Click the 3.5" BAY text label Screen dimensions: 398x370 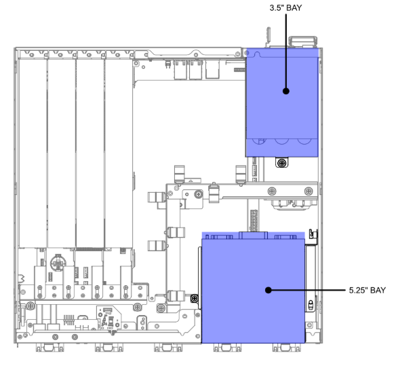tap(286, 8)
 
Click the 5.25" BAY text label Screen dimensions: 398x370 tap(367, 290)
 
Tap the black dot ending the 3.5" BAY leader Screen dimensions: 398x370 tap(286, 91)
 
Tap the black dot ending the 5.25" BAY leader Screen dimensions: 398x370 tap(268, 290)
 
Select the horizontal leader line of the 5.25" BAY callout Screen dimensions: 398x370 tap(307, 290)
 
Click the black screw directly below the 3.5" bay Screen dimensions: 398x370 tap(281, 163)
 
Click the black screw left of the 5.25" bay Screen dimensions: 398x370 tap(195, 298)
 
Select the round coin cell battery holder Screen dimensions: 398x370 tap(58, 263)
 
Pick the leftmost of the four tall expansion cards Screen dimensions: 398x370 tap(33, 153)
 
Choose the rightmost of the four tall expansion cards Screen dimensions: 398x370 tap(119, 153)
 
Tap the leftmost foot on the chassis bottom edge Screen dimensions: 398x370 tap(49, 348)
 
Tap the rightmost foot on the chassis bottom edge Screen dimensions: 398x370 tap(287, 348)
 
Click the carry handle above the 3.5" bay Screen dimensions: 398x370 tap(303, 41)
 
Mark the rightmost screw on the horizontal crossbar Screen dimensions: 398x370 tap(309, 191)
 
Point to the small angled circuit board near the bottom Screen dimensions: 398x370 tap(109, 318)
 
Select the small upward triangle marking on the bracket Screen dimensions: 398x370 tap(191, 181)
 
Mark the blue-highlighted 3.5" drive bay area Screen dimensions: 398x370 tap(282, 103)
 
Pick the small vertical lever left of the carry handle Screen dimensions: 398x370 tap(268, 35)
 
